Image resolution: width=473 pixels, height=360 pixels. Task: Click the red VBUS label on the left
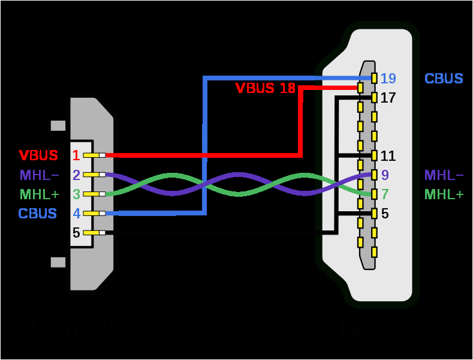click(x=38, y=155)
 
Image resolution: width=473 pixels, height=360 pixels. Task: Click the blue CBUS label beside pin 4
click(x=38, y=214)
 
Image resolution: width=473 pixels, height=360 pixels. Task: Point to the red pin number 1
click(x=76, y=156)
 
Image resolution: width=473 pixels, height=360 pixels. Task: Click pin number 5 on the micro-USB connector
click(x=76, y=233)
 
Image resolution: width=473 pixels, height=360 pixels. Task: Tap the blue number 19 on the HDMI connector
click(x=388, y=79)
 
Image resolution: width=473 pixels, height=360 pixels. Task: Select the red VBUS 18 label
click(x=265, y=89)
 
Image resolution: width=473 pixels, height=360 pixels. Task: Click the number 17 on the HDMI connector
click(x=388, y=97)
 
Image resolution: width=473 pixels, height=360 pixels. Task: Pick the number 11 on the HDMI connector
click(x=388, y=156)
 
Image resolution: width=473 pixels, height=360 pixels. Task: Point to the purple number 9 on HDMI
click(x=384, y=175)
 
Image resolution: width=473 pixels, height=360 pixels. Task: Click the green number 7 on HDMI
click(x=384, y=194)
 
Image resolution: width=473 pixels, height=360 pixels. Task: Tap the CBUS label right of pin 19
click(x=444, y=79)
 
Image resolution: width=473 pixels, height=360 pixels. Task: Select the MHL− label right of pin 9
click(x=444, y=175)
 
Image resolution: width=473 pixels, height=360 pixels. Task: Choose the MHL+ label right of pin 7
click(x=444, y=194)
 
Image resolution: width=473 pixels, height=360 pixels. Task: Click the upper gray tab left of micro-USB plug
click(x=58, y=125)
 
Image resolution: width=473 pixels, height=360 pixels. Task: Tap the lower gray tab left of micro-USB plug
click(x=58, y=262)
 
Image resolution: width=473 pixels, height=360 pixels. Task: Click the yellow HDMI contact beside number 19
click(x=374, y=79)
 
